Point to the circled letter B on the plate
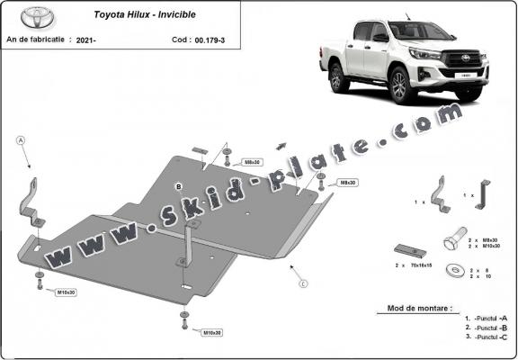click(179, 186)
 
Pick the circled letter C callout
click(303, 284)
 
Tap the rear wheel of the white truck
click(339, 77)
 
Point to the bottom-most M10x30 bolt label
click(212, 333)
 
